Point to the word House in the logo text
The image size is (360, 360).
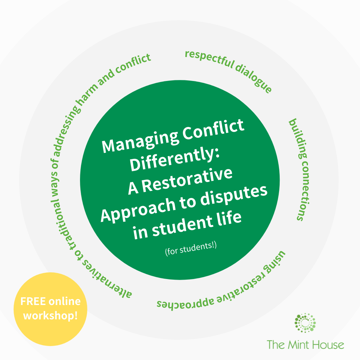pyautogui.click(x=329, y=344)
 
